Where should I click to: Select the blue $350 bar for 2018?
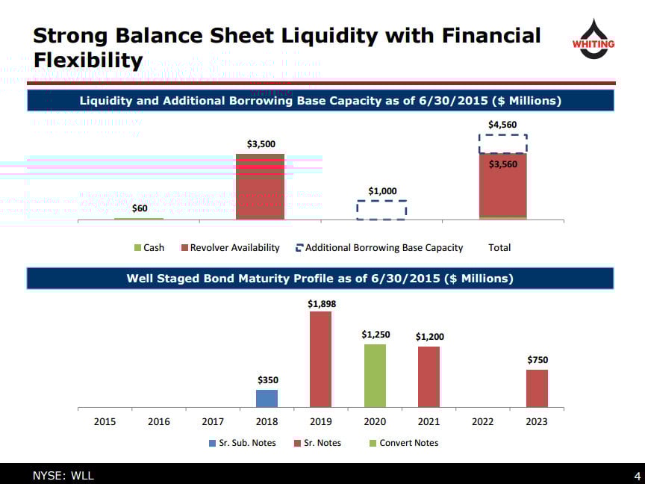click(x=267, y=398)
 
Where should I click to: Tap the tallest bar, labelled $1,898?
click(x=320, y=359)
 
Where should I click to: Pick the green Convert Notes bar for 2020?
click(x=375, y=376)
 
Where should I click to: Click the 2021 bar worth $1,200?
click(x=429, y=376)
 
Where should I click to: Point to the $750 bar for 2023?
click(x=537, y=388)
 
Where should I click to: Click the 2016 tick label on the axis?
click(x=159, y=421)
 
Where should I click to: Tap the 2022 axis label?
click(x=483, y=421)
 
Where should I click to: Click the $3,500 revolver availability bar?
click(x=260, y=186)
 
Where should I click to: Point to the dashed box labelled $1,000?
click(x=381, y=210)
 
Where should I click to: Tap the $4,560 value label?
click(x=502, y=125)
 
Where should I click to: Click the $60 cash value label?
click(x=140, y=208)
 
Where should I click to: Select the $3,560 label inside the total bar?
click(x=502, y=164)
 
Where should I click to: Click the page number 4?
click(x=637, y=476)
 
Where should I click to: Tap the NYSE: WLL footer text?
click(x=63, y=476)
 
